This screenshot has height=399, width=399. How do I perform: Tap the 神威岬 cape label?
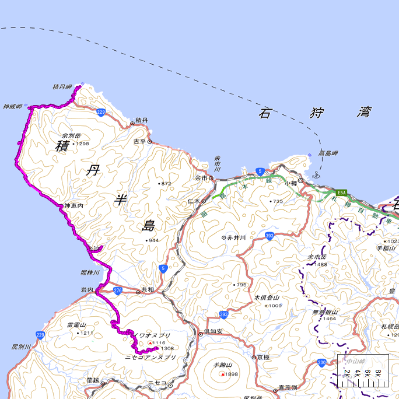click(x=12, y=107)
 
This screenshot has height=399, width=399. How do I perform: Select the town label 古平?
click(x=139, y=141)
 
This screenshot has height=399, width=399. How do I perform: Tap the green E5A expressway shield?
click(x=342, y=191)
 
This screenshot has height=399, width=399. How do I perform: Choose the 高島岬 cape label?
click(x=328, y=153)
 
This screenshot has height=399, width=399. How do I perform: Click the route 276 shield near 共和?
click(x=118, y=290)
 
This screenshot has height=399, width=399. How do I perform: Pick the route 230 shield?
click(x=322, y=363)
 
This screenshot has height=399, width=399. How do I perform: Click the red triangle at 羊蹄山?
click(x=222, y=374)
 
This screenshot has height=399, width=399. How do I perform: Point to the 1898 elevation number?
click(x=232, y=374)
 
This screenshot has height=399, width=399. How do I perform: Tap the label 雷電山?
click(x=76, y=325)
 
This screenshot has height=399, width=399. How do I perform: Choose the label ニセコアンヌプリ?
click(x=150, y=356)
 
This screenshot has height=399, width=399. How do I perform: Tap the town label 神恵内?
click(x=74, y=206)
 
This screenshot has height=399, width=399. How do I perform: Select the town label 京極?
click(x=263, y=357)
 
